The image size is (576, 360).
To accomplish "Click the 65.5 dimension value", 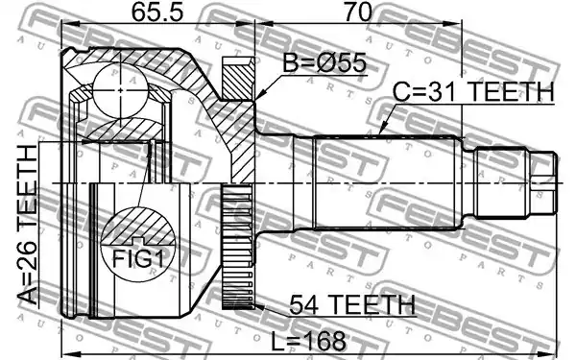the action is tap(157, 12).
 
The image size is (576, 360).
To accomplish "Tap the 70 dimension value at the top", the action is tap(358, 12).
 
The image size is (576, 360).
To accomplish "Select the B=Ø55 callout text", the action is tap(324, 62).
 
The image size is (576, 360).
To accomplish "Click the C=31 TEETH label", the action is tap(473, 92).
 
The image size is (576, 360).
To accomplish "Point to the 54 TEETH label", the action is tap(352, 304).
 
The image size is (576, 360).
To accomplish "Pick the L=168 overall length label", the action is tap(308, 341).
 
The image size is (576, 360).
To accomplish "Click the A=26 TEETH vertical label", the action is tap(28, 225).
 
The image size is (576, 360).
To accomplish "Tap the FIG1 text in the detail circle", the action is tap(137, 258).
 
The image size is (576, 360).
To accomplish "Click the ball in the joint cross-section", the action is tap(121, 90).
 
